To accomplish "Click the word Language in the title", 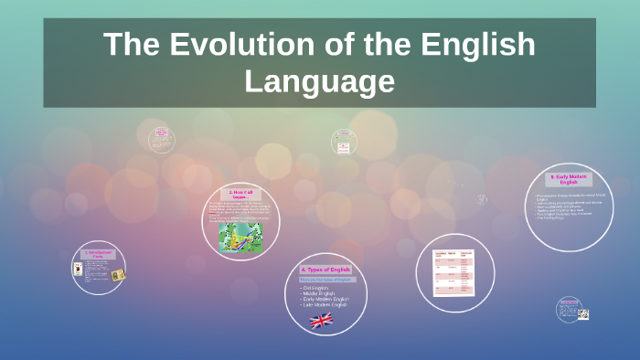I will [x=319, y=81].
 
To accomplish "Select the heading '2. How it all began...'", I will [x=240, y=193].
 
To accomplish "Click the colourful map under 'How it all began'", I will [x=240, y=237].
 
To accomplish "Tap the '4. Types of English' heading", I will [x=325, y=270].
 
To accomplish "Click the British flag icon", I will [x=321, y=320].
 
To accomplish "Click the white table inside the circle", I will [x=454, y=272].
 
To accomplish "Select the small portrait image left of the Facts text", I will [x=78, y=269].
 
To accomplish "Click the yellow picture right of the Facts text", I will [x=117, y=275].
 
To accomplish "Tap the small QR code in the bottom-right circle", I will [x=582, y=314].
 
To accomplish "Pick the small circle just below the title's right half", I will [x=344, y=142].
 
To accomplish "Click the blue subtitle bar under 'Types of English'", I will [x=325, y=279].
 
